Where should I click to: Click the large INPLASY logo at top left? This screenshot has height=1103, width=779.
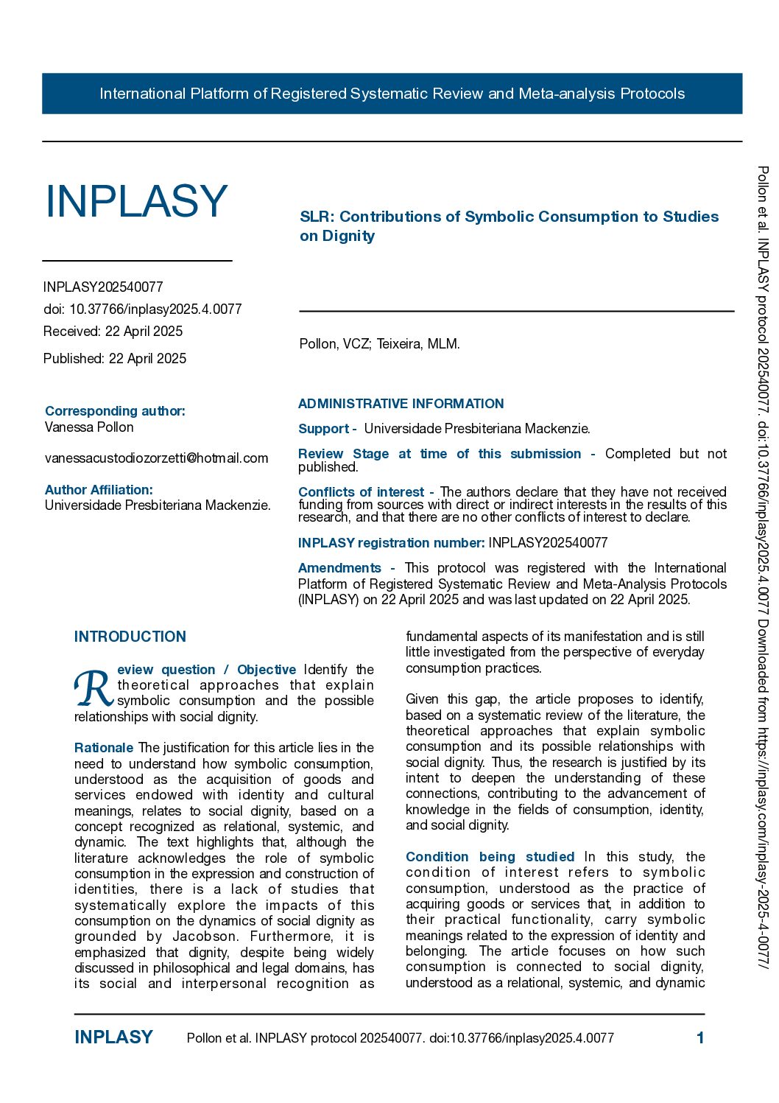[x=137, y=201]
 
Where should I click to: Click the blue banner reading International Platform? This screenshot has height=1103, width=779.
[x=392, y=94]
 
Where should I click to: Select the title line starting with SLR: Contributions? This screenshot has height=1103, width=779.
[x=509, y=217]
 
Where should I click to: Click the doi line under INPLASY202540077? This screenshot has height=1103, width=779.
[x=142, y=309]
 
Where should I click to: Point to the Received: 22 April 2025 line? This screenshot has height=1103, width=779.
[x=113, y=332]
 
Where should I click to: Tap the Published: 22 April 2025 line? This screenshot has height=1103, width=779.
[x=115, y=359]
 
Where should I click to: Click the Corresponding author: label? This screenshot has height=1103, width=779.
[x=115, y=410]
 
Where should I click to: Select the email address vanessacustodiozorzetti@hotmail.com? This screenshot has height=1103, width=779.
[x=156, y=458]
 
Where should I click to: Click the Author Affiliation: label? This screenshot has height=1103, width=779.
[x=99, y=490]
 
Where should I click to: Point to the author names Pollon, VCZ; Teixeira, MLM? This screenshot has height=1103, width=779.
[x=379, y=344]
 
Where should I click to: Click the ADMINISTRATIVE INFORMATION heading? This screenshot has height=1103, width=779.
[x=401, y=404]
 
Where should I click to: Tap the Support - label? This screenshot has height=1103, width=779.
[x=327, y=429]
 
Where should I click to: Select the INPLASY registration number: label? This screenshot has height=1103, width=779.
[x=391, y=543]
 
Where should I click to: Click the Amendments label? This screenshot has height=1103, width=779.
[x=339, y=568]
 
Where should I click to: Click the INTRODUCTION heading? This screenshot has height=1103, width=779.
[x=130, y=637]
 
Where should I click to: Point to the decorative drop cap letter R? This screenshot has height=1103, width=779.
[x=93, y=688]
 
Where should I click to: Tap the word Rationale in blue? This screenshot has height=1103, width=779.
[x=104, y=748]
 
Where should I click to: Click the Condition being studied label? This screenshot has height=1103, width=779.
[x=490, y=857]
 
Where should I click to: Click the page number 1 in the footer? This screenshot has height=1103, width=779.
[x=700, y=1038]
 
